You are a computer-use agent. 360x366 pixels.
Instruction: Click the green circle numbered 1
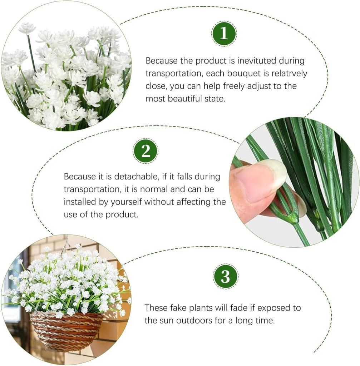click(224, 33)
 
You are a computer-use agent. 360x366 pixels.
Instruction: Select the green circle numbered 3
click(226, 277)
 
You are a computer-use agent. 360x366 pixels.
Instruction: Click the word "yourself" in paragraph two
click(126, 202)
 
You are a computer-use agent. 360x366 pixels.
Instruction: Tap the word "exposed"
click(272, 308)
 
